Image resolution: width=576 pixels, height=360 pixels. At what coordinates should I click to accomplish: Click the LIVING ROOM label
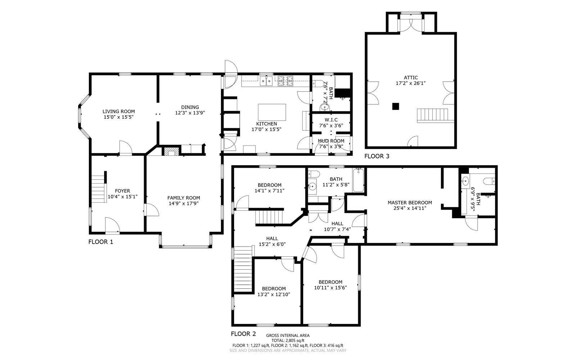118,111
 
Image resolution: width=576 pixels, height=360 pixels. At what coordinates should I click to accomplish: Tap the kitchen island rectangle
272,112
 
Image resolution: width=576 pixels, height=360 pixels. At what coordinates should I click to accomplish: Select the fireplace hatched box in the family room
171,151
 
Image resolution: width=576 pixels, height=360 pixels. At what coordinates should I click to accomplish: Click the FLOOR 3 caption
377,156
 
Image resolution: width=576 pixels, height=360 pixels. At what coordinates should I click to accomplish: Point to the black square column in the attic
396,106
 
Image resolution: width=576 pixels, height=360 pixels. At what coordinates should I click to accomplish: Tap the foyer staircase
99,189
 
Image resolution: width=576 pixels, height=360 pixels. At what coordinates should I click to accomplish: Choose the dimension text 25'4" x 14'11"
410,208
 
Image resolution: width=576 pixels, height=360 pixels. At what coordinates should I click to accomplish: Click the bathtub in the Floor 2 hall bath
358,180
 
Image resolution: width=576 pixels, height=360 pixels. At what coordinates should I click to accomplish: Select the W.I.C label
331,120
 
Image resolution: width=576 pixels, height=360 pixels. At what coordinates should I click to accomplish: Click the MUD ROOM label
331,141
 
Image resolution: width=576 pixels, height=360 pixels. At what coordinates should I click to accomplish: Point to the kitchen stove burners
285,81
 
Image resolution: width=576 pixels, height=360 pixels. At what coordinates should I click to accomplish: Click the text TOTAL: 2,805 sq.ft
288,341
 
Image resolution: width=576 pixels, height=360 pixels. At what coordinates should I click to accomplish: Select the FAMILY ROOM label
184,198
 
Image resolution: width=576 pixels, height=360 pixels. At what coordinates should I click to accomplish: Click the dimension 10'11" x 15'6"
330,288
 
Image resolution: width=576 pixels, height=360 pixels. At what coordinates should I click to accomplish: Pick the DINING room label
190,107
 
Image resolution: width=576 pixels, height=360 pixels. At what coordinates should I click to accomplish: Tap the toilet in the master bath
489,181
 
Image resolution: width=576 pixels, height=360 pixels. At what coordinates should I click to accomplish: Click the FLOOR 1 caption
100,242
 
